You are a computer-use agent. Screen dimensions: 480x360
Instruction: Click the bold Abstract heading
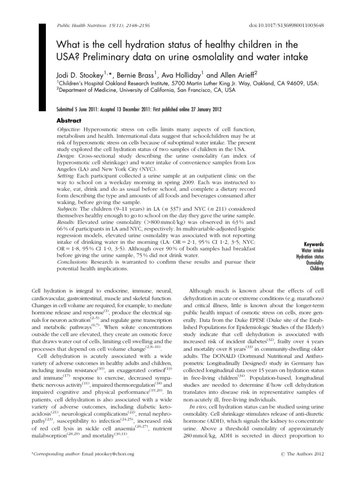69,120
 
